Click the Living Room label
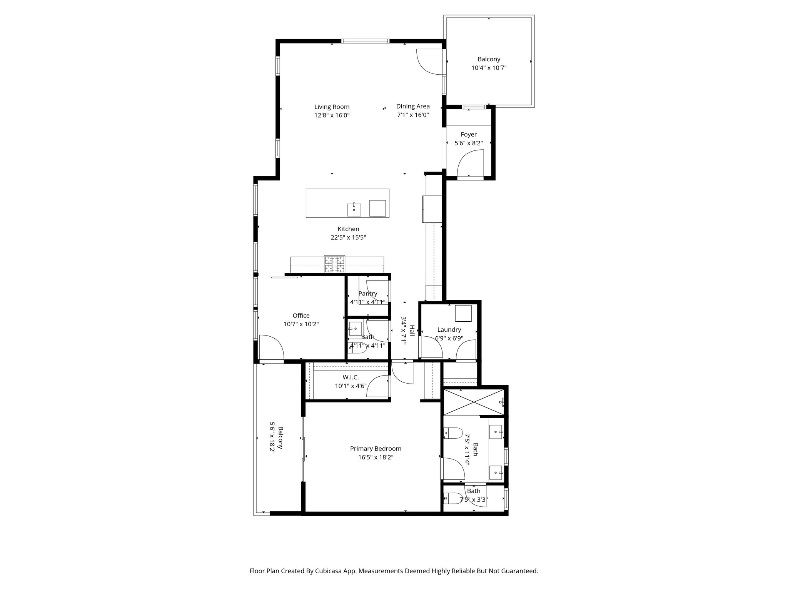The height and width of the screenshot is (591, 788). click(332, 107)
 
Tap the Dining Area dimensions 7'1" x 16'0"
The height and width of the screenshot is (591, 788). click(413, 115)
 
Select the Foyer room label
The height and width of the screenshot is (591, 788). click(468, 134)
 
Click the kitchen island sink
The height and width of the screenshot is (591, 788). click(354, 210)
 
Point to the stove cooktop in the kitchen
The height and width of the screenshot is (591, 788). click(334, 264)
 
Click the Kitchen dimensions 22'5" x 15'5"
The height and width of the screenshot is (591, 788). click(348, 238)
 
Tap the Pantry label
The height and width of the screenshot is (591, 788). click(367, 294)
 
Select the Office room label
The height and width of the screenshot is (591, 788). click(301, 316)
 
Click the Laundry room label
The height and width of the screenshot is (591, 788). click(449, 330)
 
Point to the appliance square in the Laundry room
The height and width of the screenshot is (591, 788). click(463, 313)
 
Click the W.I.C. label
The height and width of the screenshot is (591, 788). click(351, 377)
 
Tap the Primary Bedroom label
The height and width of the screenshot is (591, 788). click(376, 449)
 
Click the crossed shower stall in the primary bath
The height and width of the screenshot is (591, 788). click(474, 402)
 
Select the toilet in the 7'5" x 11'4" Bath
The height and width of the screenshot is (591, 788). click(452, 433)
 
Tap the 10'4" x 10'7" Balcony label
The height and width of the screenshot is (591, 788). click(489, 59)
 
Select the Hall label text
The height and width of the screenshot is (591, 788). click(412, 331)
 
